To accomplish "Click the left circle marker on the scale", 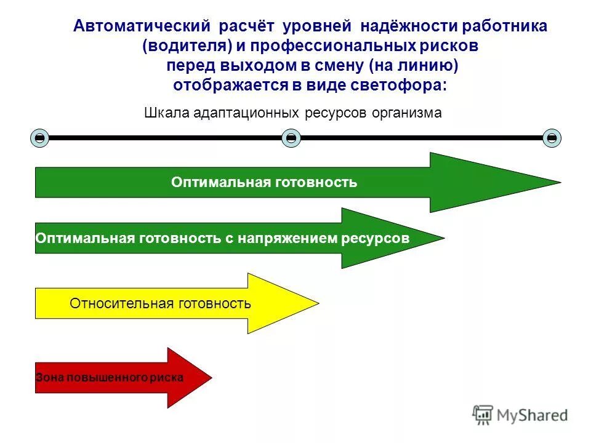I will pyautogui.click(x=39, y=138).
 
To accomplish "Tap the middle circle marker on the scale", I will pyautogui.click(x=291, y=138).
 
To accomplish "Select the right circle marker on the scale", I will pyautogui.click(x=552, y=138).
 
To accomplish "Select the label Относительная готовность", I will pyautogui.click(x=160, y=303).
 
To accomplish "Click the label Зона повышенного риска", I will pyautogui.click(x=110, y=378).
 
